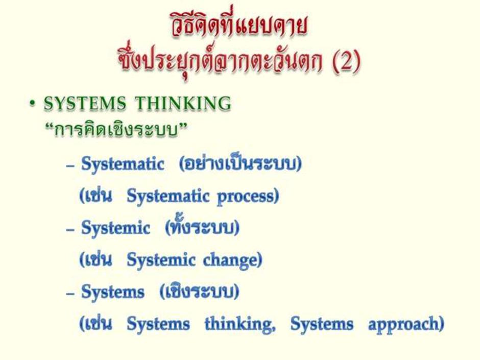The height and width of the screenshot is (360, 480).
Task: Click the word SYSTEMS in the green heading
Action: pos(85,103)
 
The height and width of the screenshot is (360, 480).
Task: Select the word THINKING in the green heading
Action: pos(183,103)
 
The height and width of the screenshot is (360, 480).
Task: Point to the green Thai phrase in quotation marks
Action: pos(115,130)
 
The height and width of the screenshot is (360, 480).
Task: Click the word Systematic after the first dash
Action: pos(123,164)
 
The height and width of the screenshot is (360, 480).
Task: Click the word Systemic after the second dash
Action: pos(115,228)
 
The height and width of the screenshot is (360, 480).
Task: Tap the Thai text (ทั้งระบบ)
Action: pos(202,227)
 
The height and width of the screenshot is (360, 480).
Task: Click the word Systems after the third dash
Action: pos(112,292)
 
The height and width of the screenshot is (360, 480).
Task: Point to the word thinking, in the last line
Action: pos(240,324)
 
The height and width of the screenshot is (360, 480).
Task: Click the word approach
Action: pos(406,324)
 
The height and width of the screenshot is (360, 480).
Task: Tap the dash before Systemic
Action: pos(70,229)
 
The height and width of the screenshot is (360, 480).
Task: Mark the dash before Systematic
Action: pos(70,165)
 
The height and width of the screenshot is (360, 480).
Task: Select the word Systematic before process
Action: pos(168,196)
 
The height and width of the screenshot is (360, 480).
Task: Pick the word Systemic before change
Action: pos(161,260)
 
